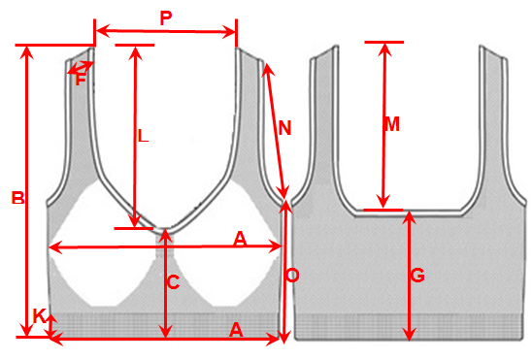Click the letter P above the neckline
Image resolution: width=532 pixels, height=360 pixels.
[x=166, y=18]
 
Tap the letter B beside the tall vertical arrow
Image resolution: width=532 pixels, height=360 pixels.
[x=18, y=198]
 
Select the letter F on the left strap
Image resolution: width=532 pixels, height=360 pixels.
[x=80, y=80]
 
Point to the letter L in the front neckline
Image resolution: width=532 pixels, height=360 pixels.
[x=144, y=136]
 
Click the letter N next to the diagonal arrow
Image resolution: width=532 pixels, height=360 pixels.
[x=284, y=128]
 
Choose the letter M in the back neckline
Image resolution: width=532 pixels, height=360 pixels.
[x=392, y=124]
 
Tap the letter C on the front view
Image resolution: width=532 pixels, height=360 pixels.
[x=174, y=282]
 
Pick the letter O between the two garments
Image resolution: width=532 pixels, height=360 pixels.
[x=292, y=276]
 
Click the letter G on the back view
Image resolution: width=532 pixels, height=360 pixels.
[x=417, y=275]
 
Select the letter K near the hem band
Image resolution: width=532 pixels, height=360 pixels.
[x=39, y=315]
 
